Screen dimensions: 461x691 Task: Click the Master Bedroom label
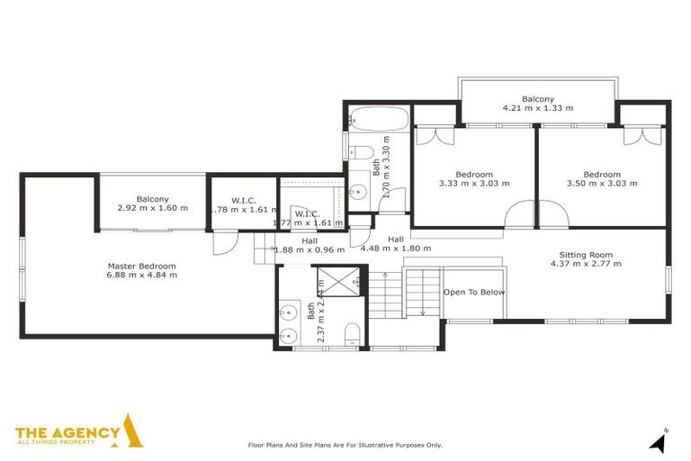[141, 266]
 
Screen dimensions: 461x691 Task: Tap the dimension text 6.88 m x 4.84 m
[141, 276]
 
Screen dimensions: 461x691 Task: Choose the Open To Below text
[474, 293]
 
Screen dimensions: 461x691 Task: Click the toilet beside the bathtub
[357, 151]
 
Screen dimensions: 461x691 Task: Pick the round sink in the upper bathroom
[356, 191]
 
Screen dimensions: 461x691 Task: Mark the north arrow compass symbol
[660, 441]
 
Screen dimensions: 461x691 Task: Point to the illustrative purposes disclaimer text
[345, 445]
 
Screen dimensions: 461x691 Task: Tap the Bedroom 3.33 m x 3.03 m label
[474, 178]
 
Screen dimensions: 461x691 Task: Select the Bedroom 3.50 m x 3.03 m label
[601, 178]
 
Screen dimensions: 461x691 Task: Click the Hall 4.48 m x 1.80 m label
[396, 244]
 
